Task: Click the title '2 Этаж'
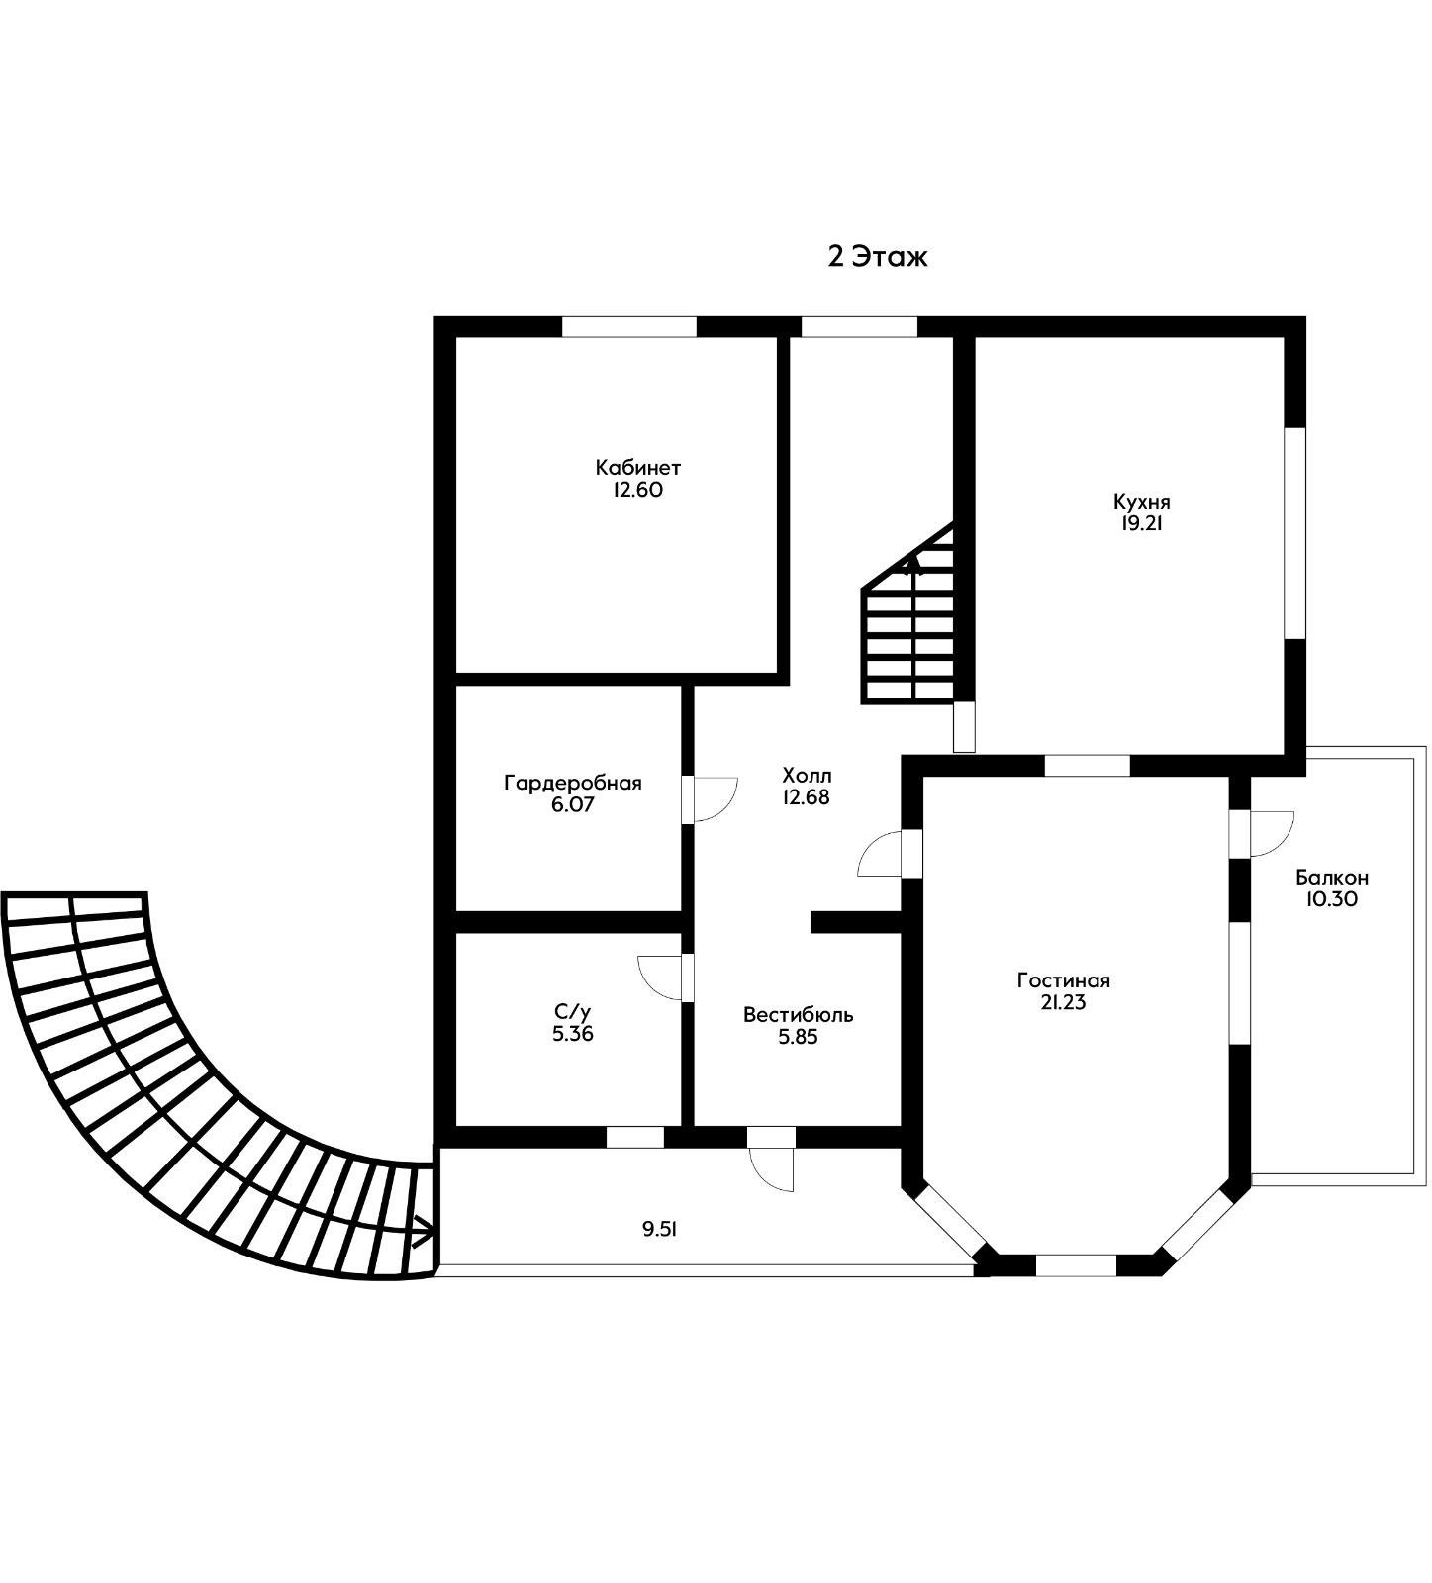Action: pyautogui.click(x=878, y=257)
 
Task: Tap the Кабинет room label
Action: pyautogui.click(x=637, y=467)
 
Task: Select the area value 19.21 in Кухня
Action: pyautogui.click(x=1141, y=524)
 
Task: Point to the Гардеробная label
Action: pyautogui.click(x=573, y=783)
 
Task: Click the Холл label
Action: pyautogui.click(x=807, y=774)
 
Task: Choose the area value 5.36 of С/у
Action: pyautogui.click(x=573, y=1034)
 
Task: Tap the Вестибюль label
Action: pyautogui.click(x=799, y=1014)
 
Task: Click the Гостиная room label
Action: pyautogui.click(x=1063, y=980)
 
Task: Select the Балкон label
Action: pyautogui.click(x=1332, y=877)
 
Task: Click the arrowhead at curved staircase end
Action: pyautogui.click(x=424, y=1233)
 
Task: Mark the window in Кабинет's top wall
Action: pyautogui.click(x=629, y=326)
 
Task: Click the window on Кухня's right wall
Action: pyautogui.click(x=1294, y=533)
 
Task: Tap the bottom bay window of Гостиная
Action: pyautogui.click(x=1076, y=1265)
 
